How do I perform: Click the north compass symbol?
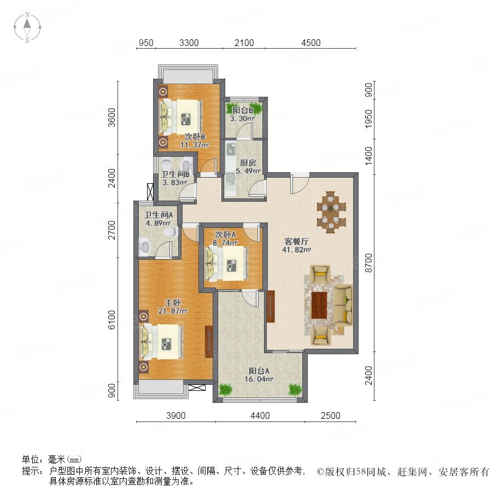pyautogui.click(x=27, y=27)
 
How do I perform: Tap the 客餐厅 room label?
pyautogui.click(x=296, y=241)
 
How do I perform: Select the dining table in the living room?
pyautogui.click(x=331, y=212)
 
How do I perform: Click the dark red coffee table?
pyautogui.click(x=319, y=305)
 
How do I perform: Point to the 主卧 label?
pyautogui.click(x=173, y=302)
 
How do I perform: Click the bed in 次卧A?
pyautogui.click(x=226, y=263)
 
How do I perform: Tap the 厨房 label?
pyautogui.click(x=248, y=163)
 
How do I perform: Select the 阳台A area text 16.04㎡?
pyautogui.click(x=259, y=379)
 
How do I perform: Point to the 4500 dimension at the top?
pyautogui.click(x=311, y=43)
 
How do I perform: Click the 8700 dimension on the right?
pyautogui.click(x=368, y=263)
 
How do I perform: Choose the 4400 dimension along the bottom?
pyautogui.click(x=260, y=415)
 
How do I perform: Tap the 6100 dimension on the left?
pyautogui.click(x=112, y=320)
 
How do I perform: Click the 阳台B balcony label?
pyautogui.click(x=243, y=110)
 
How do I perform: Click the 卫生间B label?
pyautogui.click(x=175, y=174)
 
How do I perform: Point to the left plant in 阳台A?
pyautogui.click(x=225, y=389)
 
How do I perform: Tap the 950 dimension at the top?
pyautogui.click(x=146, y=43)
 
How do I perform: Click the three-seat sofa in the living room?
pyautogui.click(x=343, y=304)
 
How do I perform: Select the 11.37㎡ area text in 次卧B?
pyautogui.click(x=195, y=145)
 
